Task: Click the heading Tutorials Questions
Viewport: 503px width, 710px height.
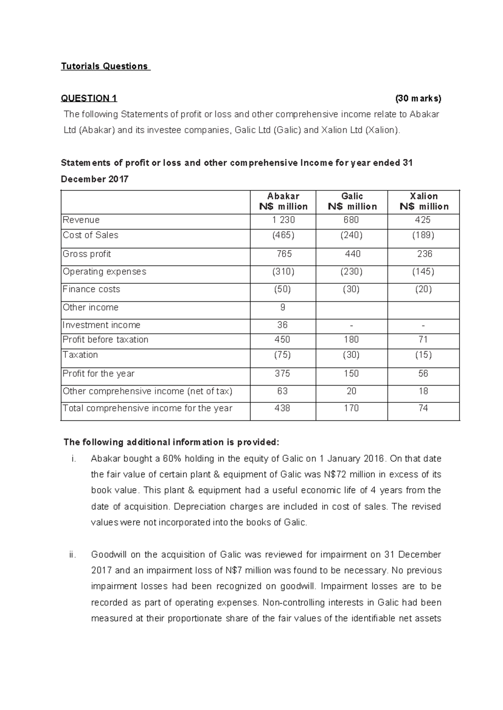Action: [x=105, y=66]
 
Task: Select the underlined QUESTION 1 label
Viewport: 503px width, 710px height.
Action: [x=89, y=98]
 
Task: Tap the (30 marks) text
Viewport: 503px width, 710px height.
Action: [x=418, y=98]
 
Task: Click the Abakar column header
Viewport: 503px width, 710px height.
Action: [x=283, y=201]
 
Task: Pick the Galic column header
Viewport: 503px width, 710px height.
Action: [x=352, y=201]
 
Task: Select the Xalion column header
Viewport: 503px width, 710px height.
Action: [x=424, y=201]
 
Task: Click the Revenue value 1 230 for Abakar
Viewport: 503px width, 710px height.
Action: [x=283, y=220]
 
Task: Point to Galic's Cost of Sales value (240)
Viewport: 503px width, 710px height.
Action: [x=351, y=235]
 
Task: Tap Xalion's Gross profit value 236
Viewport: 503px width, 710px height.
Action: [x=424, y=254]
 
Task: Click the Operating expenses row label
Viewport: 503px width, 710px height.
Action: [x=104, y=272]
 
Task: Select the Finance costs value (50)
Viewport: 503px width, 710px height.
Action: [x=283, y=289]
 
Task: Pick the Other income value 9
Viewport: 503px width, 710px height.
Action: [x=283, y=308]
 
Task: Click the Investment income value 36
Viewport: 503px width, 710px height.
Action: [x=282, y=325]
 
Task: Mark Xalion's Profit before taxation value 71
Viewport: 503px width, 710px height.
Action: [x=423, y=340]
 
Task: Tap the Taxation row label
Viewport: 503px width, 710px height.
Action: [x=80, y=355]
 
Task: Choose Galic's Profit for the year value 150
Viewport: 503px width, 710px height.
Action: [x=351, y=373]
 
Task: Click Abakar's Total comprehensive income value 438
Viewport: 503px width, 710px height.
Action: [x=282, y=408]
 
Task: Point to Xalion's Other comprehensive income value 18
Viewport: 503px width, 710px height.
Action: [x=423, y=391]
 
